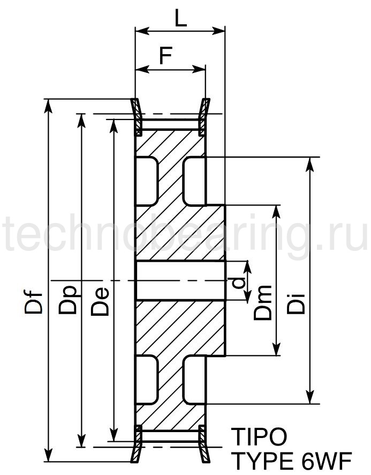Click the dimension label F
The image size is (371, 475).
coord(166,55)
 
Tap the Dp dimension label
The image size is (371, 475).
coord(68,300)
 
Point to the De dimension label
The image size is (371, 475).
coord(100,301)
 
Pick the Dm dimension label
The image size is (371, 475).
coord(262,303)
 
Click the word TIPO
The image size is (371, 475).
coord(259,437)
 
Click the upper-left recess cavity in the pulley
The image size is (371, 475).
coord(147,181)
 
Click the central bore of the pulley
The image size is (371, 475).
coord(180,280)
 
